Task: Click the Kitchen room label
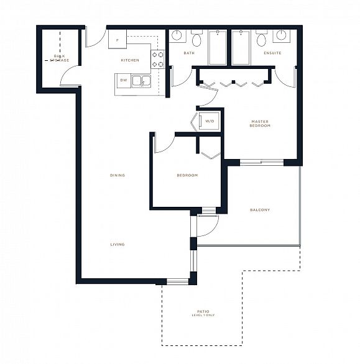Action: (130, 60)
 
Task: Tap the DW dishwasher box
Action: (124, 81)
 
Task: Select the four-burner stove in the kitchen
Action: (157, 60)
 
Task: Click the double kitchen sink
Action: (141, 81)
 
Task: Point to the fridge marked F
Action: (118, 39)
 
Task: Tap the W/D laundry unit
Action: (209, 121)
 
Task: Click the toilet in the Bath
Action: (196, 39)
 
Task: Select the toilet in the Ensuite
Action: (262, 39)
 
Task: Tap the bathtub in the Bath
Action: (218, 48)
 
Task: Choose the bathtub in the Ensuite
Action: (241, 48)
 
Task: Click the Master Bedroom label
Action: (260, 124)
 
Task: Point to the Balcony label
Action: (260, 210)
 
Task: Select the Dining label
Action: (118, 175)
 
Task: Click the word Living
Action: (118, 245)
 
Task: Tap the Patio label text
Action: (203, 312)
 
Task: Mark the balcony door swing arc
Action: (213, 230)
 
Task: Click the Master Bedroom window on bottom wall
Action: (262, 163)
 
